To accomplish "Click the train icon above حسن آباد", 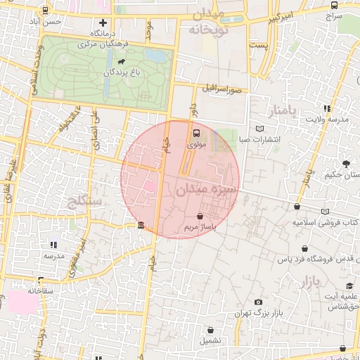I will click(46, 11).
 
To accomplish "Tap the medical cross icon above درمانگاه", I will click(103, 22).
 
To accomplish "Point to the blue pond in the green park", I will click(159, 56).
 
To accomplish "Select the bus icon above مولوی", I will click(196, 131).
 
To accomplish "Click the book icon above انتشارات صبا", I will click(261, 129).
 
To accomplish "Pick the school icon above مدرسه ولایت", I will click(327, 108).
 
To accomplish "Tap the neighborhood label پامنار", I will click(283, 110).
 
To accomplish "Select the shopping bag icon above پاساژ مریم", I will click(202, 217).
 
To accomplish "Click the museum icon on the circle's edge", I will click(141, 226).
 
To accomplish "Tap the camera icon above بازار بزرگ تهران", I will click(258, 302).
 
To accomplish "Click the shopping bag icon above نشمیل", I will click(212, 330).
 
